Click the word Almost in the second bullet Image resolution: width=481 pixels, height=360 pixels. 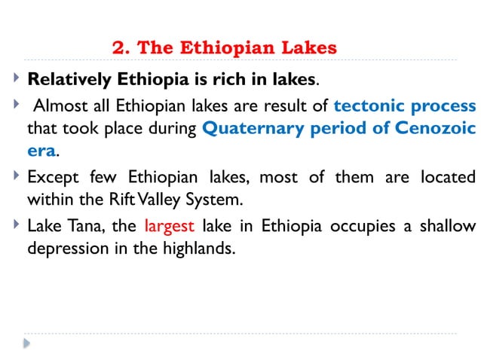pos(60,105)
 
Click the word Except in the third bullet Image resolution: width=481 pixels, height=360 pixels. pos(54,178)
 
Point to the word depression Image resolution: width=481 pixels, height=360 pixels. pos(66,248)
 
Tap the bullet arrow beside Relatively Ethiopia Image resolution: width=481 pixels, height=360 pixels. pos(17,77)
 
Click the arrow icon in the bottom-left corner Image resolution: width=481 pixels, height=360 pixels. pos(26,343)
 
